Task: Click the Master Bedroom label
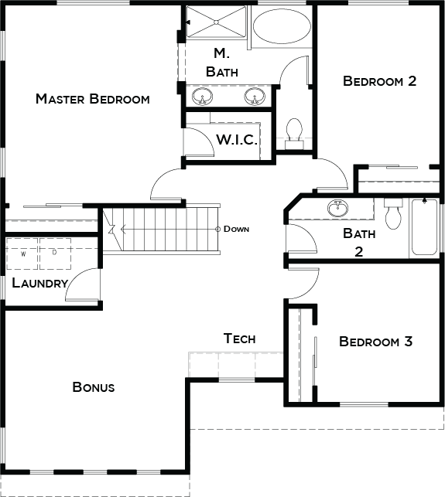[93, 99]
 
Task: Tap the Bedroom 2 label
[380, 81]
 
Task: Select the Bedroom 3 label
[376, 342]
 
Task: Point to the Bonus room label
[94, 387]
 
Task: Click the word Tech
[239, 339]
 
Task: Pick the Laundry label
[40, 283]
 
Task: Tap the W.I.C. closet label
[237, 139]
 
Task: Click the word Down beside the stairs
[236, 229]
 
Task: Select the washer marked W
[22, 254]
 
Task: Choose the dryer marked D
[55, 254]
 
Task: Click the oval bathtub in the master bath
[282, 26]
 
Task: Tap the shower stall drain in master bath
[216, 22]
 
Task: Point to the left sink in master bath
[202, 97]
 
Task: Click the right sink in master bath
[255, 97]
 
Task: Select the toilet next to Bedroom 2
[294, 134]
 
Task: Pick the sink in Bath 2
[337, 208]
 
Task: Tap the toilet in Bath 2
[393, 213]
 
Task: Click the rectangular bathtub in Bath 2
[424, 226]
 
